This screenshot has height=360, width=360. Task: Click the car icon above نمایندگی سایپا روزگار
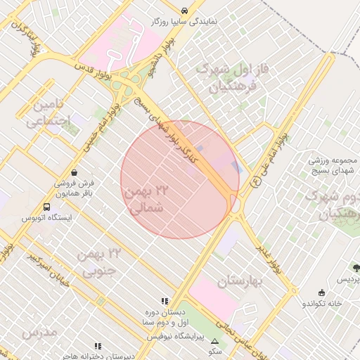[184, 11]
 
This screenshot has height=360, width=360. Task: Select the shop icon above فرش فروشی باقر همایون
[75, 172]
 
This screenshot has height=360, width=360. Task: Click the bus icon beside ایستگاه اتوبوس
[46, 207]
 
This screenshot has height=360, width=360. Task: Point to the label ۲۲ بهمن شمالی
[147, 200]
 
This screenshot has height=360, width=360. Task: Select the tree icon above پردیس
[356, 268]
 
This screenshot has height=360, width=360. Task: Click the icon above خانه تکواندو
[322, 292]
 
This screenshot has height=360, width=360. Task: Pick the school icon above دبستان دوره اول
[165, 301]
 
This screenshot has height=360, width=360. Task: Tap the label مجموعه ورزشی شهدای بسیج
[333, 164]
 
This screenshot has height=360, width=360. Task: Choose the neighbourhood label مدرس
[39, 331]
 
